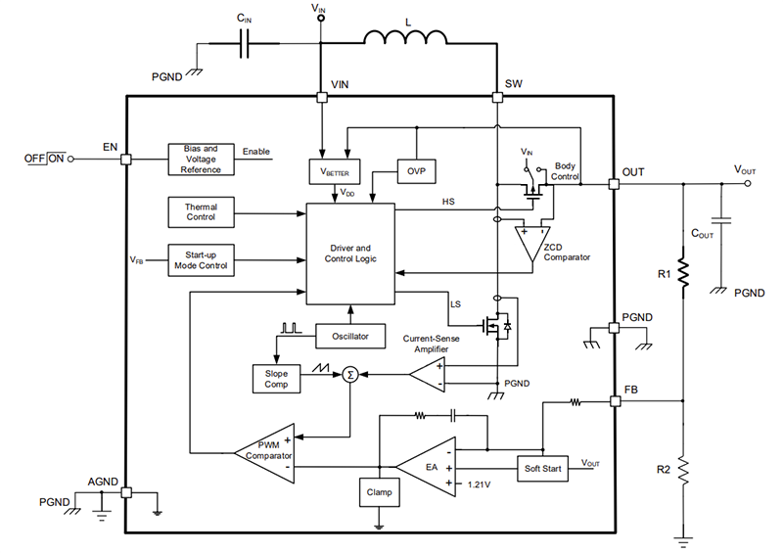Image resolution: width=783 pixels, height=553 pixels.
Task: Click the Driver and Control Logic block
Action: point(350,253)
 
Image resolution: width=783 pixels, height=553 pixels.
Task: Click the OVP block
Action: point(416,171)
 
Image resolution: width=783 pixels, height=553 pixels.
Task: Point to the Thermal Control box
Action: point(201,211)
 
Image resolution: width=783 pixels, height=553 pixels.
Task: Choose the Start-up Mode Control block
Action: point(201,260)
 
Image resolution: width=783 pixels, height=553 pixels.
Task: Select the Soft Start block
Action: point(541,469)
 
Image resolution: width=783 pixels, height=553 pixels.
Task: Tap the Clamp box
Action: point(379,492)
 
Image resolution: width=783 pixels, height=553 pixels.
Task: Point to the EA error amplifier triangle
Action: point(428,468)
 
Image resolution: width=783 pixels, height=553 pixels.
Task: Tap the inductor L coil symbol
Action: point(406,39)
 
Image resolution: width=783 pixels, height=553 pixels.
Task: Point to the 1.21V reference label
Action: point(481,484)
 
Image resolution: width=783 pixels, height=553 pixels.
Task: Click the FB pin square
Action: point(614,401)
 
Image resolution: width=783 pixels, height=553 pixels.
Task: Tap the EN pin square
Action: point(125,159)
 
